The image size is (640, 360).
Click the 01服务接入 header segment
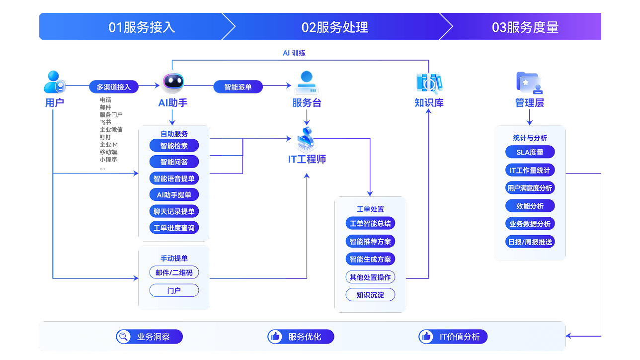(x=142, y=27)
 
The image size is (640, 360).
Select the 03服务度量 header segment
(x=525, y=27)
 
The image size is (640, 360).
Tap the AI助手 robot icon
(x=173, y=83)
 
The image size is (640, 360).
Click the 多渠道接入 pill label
(x=114, y=87)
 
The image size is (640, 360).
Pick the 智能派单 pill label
(x=238, y=87)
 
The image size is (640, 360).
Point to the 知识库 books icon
(x=429, y=83)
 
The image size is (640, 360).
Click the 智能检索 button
(x=174, y=146)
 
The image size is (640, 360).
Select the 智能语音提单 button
(x=174, y=179)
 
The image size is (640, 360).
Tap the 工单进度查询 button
(x=174, y=228)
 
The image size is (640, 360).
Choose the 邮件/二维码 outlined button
(x=174, y=272)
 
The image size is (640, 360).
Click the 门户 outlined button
(x=174, y=290)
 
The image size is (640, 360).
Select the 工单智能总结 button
(x=370, y=223)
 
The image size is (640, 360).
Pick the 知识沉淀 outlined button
(x=370, y=295)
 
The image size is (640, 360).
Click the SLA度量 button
(x=530, y=152)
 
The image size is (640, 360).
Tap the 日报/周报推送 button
(x=530, y=242)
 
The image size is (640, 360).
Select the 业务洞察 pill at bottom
(x=150, y=337)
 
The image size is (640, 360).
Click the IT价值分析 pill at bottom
(x=453, y=337)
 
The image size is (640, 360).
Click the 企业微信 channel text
(x=111, y=130)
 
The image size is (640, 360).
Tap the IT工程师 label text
(x=307, y=160)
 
